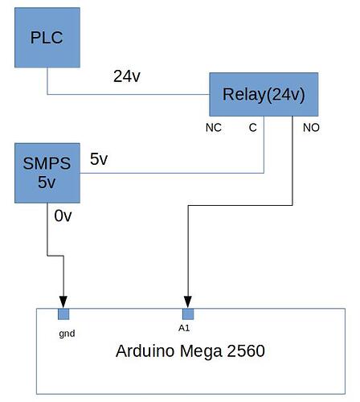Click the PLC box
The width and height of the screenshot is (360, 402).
(47, 37)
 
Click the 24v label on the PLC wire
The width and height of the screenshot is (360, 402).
(129, 77)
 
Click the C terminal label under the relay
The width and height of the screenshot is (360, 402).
(252, 128)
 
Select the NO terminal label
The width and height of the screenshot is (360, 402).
(310, 128)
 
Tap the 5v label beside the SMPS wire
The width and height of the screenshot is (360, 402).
(99, 159)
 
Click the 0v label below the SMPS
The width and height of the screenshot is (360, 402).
(63, 215)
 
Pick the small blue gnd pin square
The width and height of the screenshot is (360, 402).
(63, 314)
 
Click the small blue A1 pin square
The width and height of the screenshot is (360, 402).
(188, 314)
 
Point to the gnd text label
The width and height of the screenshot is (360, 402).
(67, 332)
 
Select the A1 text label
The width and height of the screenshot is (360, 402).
(184, 328)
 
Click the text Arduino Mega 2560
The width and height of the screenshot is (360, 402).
(190, 351)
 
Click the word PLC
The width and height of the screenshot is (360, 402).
(47, 37)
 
